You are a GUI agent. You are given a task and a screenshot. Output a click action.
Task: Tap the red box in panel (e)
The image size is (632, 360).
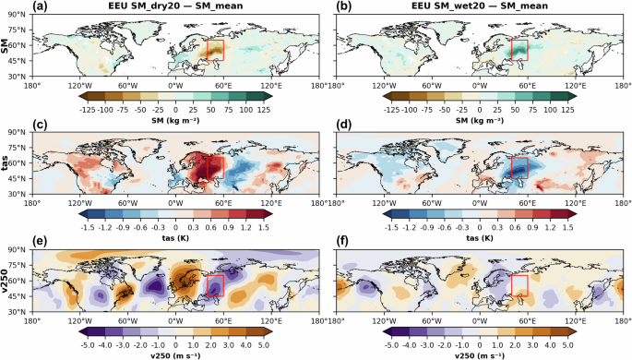(214, 286)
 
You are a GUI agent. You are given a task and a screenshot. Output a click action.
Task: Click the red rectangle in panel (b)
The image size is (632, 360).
(520, 50)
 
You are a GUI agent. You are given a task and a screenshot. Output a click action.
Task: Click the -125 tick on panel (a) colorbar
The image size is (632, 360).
(89, 107)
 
